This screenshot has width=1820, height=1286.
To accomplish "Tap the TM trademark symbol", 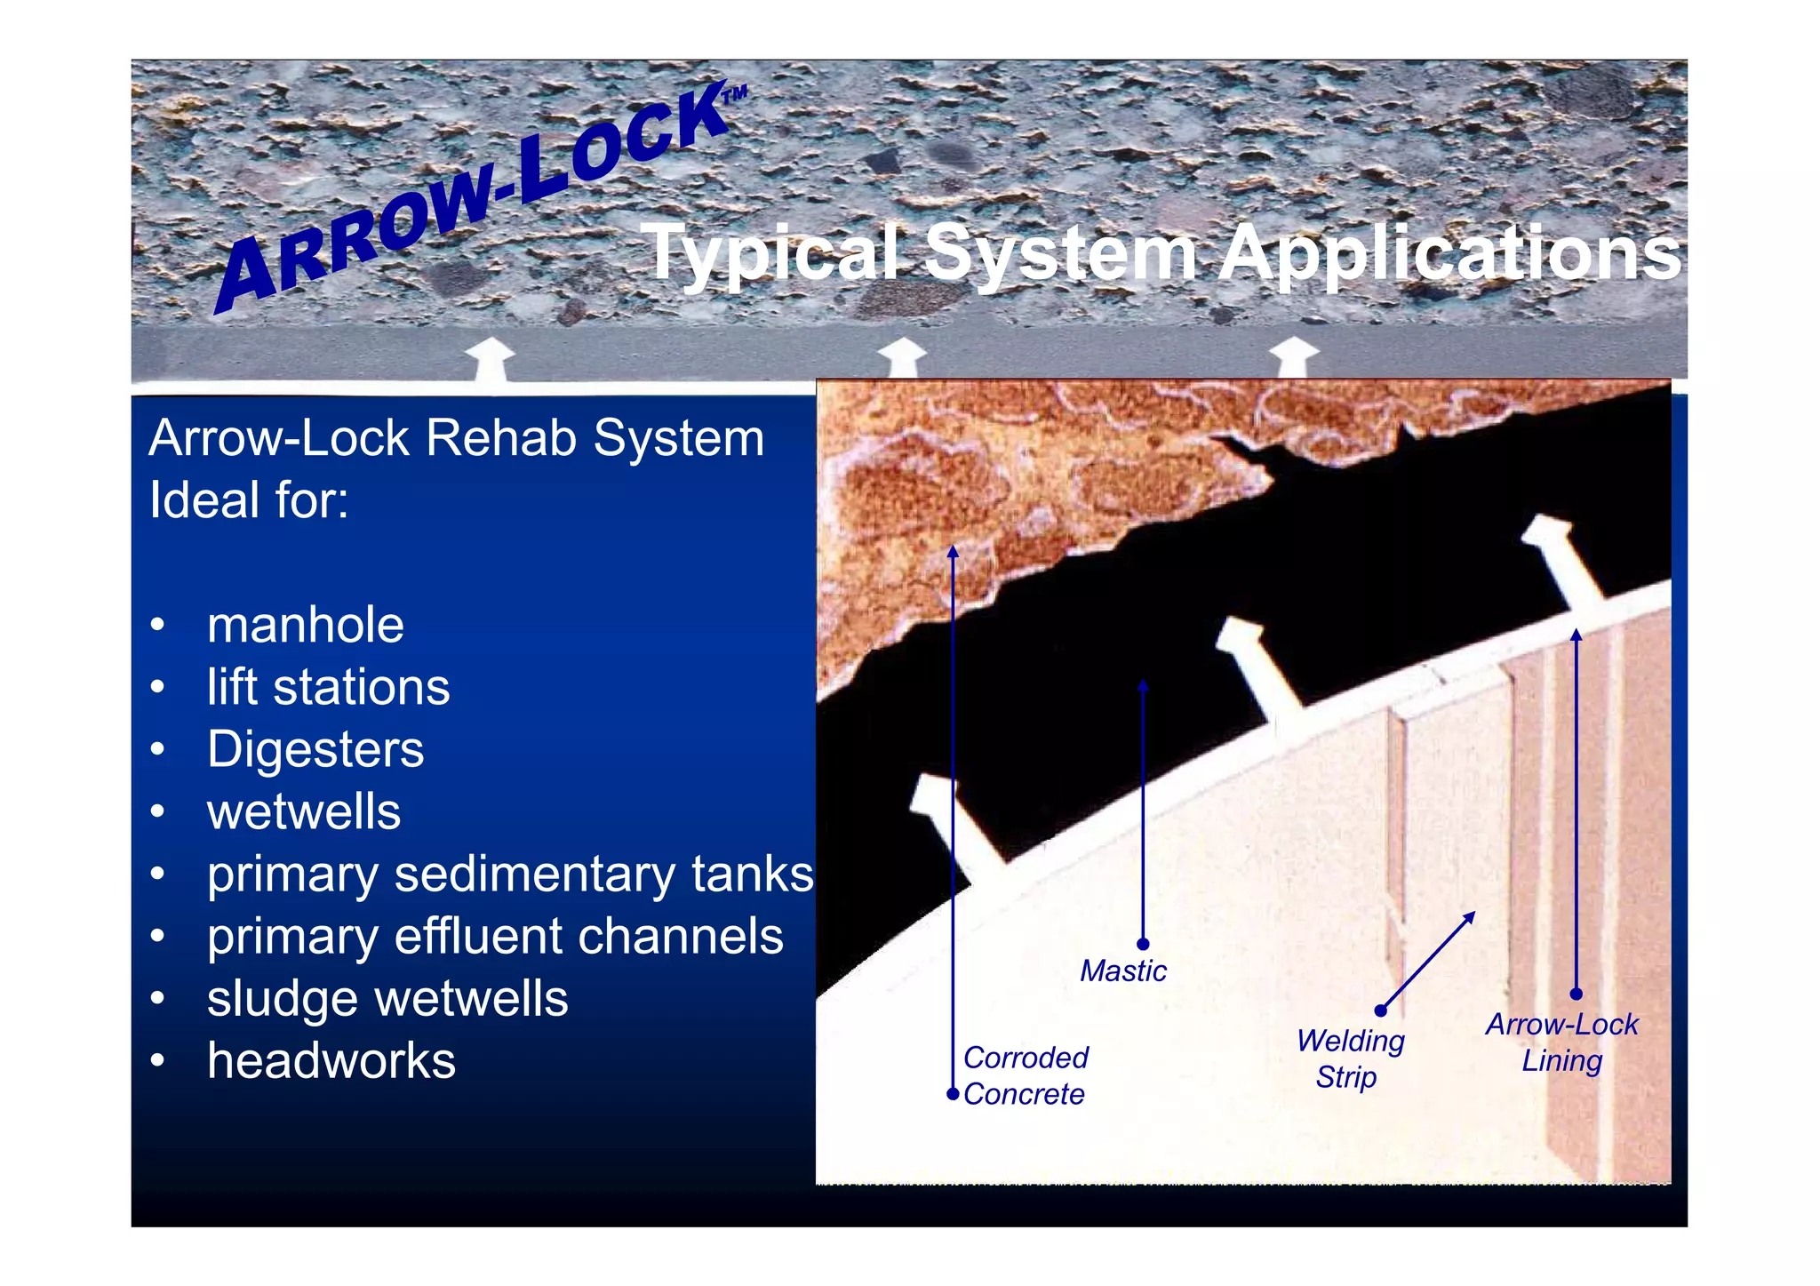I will (x=735, y=94).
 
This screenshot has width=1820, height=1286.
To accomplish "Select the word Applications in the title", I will (x=1448, y=254).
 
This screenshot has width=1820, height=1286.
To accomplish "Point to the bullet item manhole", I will (x=305, y=625).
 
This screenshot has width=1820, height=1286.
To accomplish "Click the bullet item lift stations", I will (x=328, y=687).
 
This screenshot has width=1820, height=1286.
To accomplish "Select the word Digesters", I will (x=315, y=749).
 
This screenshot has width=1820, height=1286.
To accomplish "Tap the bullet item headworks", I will (x=331, y=1060).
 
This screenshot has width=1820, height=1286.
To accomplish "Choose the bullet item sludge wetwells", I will (x=387, y=998).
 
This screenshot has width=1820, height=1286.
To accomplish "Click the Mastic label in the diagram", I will (x=1122, y=970).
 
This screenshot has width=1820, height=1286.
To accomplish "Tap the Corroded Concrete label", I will (x=1025, y=1075).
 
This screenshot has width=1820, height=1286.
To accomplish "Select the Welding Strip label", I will (x=1349, y=1058).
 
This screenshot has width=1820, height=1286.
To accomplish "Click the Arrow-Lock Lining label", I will (x=1561, y=1042).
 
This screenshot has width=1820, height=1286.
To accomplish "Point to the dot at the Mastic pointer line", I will (x=1143, y=944).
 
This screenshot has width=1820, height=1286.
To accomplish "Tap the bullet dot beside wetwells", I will (x=157, y=811).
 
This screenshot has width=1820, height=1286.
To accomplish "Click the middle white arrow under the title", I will (x=901, y=357).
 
